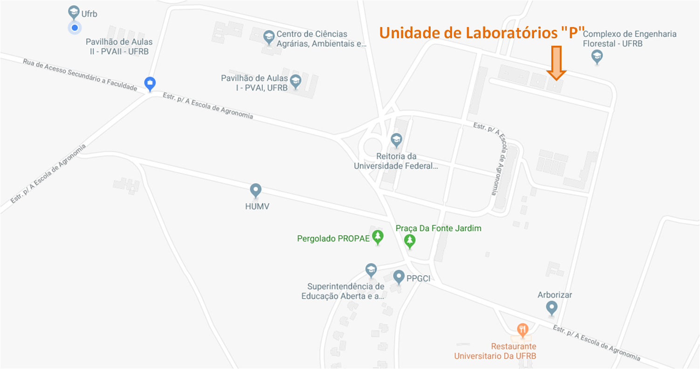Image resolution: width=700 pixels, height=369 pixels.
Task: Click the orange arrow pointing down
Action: click(x=556, y=62)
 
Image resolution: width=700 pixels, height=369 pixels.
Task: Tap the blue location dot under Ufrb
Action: click(x=74, y=28)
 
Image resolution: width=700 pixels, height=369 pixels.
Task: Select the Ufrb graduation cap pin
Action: click(x=73, y=12)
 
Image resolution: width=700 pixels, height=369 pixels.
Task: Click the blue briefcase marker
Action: click(x=150, y=84)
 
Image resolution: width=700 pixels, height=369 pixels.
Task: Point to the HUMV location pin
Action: click(x=255, y=190)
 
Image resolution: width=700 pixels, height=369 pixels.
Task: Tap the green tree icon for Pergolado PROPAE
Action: click(x=378, y=237)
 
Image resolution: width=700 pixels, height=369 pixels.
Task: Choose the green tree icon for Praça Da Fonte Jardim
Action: click(x=410, y=241)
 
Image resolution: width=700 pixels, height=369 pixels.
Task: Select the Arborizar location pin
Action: click(x=552, y=307)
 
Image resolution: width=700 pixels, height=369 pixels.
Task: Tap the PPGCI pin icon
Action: click(x=398, y=277)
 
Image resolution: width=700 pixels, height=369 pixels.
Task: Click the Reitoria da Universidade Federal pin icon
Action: click(x=396, y=139)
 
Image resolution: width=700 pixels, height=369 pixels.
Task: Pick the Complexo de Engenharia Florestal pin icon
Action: click(x=597, y=57)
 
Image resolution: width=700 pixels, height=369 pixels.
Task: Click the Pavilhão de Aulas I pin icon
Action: click(x=295, y=82)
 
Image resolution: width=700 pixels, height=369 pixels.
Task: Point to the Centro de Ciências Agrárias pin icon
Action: click(x=268, y=36)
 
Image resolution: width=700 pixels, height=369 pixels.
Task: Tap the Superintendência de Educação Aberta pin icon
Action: click(x=371, y=270)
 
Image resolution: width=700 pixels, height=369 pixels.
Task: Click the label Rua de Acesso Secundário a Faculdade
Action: click(x=80, y=74)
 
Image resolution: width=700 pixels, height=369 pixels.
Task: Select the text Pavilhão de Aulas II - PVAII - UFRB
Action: click(x=119, y=47)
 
